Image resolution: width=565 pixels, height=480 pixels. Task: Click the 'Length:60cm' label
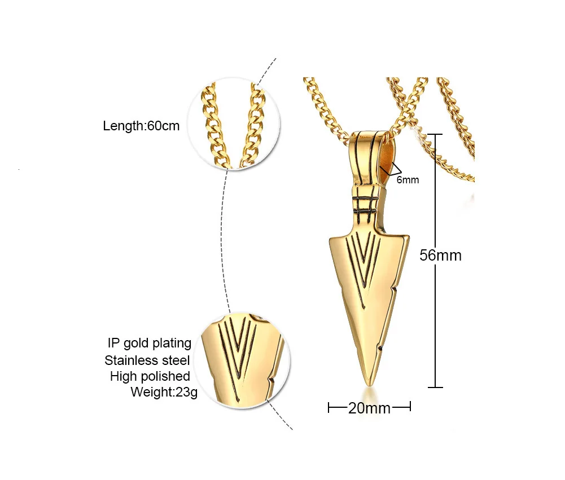[141, 126]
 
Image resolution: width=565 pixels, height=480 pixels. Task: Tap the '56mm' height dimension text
[440, 256]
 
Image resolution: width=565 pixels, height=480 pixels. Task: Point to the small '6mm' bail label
[408, 180]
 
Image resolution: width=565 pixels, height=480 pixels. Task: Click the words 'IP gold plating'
[150, 343]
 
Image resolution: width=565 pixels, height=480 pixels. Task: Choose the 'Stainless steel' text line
[147, 360]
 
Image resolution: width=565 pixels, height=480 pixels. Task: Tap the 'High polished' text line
[150, 376]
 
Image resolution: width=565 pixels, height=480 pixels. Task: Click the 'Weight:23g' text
[164, 391]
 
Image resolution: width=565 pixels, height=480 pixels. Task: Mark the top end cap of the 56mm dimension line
[435, 134]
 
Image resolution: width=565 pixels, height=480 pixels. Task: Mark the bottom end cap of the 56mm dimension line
[435, 387]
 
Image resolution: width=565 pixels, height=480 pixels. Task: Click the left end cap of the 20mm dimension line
[329, 407]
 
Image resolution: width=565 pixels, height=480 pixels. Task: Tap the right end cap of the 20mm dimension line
[410, 407]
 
